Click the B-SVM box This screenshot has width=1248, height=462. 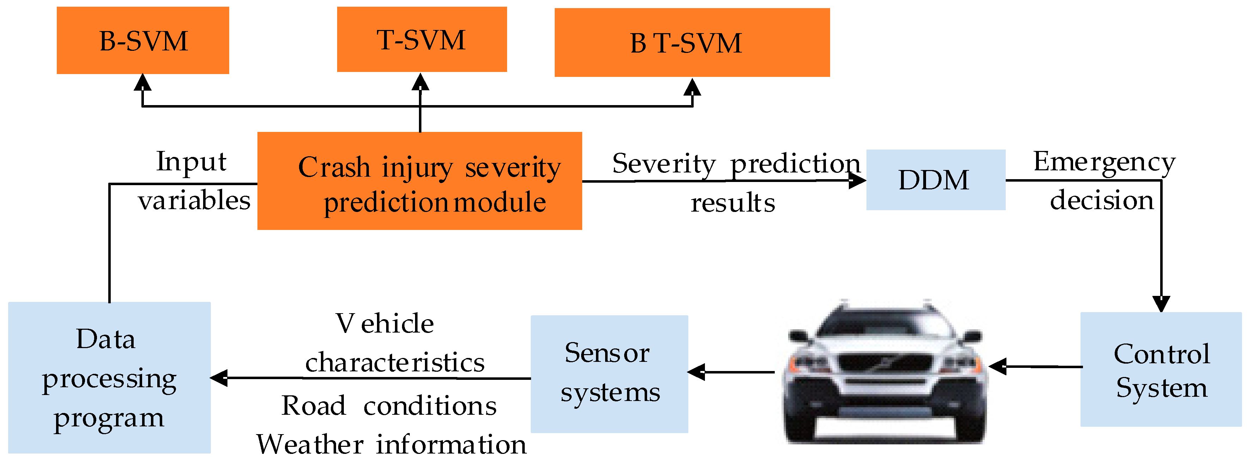coord(143,40)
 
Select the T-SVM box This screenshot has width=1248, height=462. coord(421,39)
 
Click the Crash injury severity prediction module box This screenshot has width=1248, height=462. coord(420,181)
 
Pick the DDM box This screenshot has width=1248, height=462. coord(935,180)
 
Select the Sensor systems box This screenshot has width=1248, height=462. coord(609,373)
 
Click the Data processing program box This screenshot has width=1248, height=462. coord(109,377)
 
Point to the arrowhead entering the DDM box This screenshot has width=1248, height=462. coord(858,181)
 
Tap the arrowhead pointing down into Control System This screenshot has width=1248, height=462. coord(1161,304)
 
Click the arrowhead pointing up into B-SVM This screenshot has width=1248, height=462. coord(142,82)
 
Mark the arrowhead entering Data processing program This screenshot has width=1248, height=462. coord(219,378)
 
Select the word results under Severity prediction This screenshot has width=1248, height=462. coord(732,202)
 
